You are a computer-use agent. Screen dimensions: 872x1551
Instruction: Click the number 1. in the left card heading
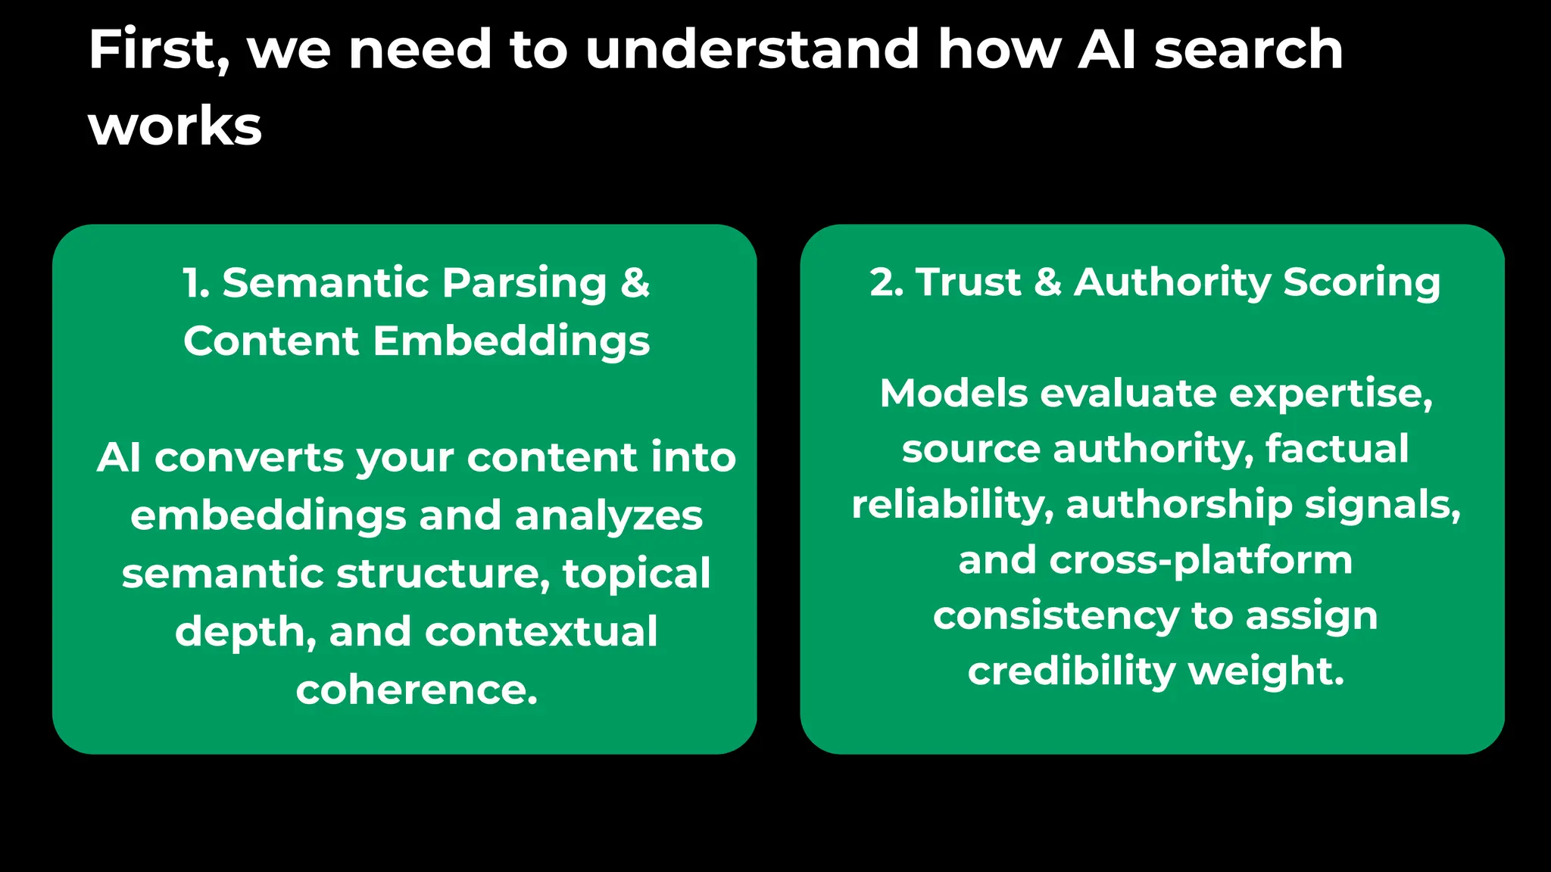point(196,283)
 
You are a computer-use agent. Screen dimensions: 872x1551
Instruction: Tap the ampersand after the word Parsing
point(635,283)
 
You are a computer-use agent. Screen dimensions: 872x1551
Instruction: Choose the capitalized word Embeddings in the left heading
point(511,341)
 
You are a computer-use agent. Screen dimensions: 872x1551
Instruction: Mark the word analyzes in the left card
point(609,516)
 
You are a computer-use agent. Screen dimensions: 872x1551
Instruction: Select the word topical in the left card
point(636,574)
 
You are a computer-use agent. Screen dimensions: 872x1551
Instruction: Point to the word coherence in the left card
point(417,690)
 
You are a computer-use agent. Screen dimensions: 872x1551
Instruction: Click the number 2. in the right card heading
point(887,282)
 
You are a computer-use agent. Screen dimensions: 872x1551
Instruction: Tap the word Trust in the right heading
point(969,282)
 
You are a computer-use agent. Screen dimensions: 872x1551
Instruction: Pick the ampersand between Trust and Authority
point(1048,282)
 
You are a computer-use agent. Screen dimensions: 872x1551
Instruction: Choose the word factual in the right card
point(1337,449)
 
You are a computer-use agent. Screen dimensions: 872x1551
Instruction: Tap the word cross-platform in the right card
point(1200,561)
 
